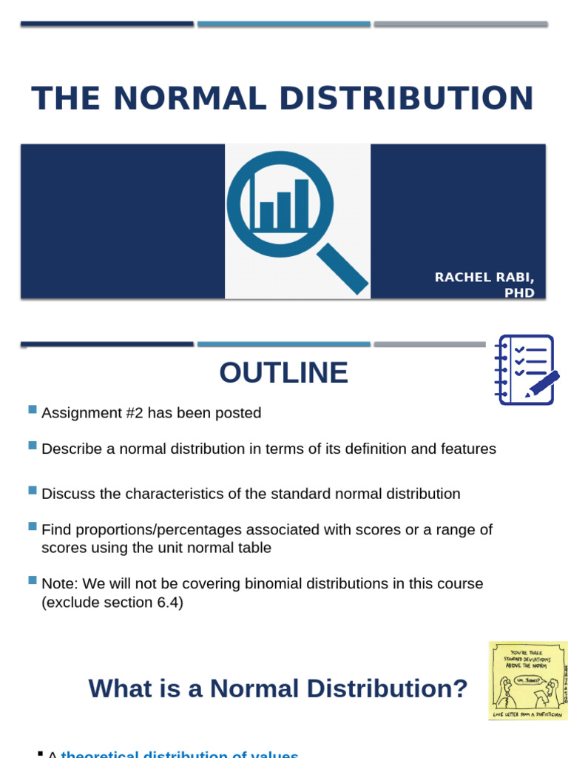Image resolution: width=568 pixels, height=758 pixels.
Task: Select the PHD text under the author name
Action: pos(519,292)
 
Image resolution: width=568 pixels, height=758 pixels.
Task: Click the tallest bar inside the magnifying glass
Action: pos(302,204)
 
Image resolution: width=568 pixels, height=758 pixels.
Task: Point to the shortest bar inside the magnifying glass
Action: pos(267,215)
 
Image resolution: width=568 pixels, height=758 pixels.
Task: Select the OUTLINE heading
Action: pos(283,372)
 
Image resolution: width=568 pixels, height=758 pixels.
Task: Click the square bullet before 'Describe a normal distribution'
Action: pos(32,446)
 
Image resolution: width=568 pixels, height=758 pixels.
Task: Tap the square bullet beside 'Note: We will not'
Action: pos(32,580)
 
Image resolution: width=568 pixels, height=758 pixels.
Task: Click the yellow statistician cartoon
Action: pos(527,680)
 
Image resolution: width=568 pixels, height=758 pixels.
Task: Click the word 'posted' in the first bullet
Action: pos(239,413)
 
